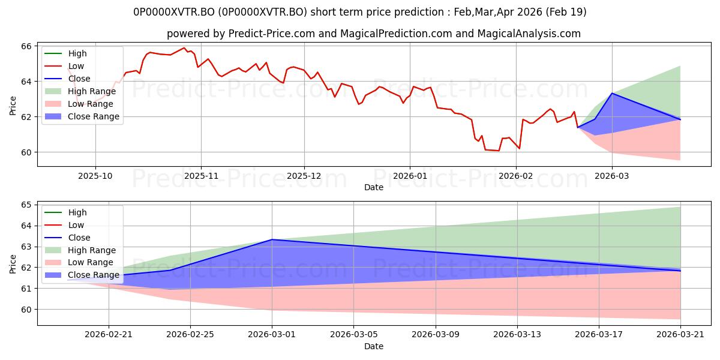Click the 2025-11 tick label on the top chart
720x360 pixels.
coord(201,176)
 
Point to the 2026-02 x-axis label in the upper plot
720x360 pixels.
coord(516,176)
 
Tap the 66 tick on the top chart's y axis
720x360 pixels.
coord(26,46)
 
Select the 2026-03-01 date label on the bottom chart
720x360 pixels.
coord(272,335)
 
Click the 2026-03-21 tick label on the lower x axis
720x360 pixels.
coord(680,335)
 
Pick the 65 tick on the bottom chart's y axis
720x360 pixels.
coord(26,205)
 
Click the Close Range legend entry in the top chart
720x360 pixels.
coord(82,116)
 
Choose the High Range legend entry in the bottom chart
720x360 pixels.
coord(80,250)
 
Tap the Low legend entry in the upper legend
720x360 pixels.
coord(64,66)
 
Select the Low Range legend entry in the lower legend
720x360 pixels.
coord(79,262)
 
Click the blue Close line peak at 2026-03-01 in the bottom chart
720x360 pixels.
coord(272,239)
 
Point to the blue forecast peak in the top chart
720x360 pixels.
coord(612,93)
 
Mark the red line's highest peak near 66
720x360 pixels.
coord(184,48)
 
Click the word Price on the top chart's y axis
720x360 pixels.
coord(13,106)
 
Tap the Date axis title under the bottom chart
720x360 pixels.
coord(373,346)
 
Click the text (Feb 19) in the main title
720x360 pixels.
coord(566,12)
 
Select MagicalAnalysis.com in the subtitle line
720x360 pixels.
coord(529,34)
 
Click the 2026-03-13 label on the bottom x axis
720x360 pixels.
coord(517,335)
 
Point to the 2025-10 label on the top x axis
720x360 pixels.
coord(95,176)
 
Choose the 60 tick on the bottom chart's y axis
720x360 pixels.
coord(26,310)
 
